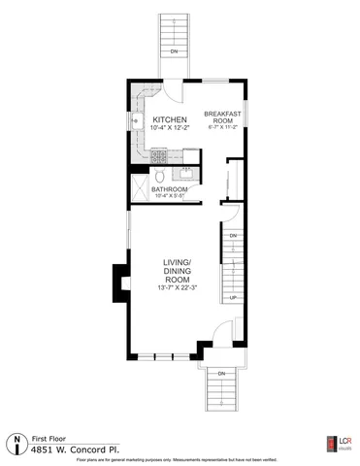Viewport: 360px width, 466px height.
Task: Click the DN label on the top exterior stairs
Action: click(x=174, y=50)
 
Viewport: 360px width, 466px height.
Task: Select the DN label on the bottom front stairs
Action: click(x=220, y=373)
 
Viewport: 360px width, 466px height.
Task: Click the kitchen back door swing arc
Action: click(x=171, y=94)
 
